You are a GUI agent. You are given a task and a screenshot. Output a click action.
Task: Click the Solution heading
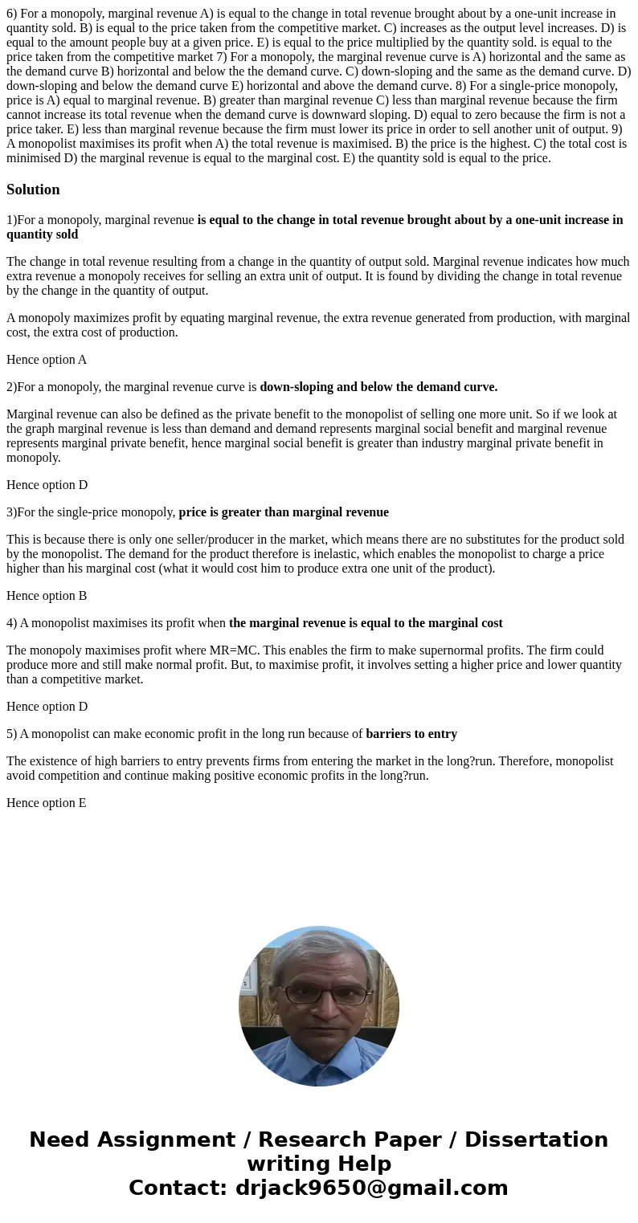click(x=33, y=190)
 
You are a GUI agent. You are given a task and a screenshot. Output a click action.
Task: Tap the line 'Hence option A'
click(x=47, y=360)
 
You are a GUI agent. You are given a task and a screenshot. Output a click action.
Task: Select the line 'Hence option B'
click(x=47, y=596)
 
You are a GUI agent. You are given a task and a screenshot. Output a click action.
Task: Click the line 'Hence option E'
click(x=47, y=803)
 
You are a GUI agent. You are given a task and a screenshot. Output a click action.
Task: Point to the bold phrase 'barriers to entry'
click(x=411, y=734)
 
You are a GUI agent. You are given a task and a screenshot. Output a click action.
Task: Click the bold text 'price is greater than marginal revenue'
click(x=284, y=512)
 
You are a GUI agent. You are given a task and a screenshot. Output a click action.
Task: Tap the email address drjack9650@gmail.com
click(x=372, y=1188)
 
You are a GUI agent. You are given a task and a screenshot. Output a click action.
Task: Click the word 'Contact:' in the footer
click(x=178, y=1188)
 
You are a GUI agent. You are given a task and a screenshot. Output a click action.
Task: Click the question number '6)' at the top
click(x=12, y=14)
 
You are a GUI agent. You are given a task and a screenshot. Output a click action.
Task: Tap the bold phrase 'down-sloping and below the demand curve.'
click(x=378, y=387)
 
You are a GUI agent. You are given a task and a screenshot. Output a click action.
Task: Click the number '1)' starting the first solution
click(x=11, y=220)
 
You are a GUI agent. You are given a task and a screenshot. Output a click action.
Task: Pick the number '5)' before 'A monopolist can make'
click(x=11, y=734)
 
